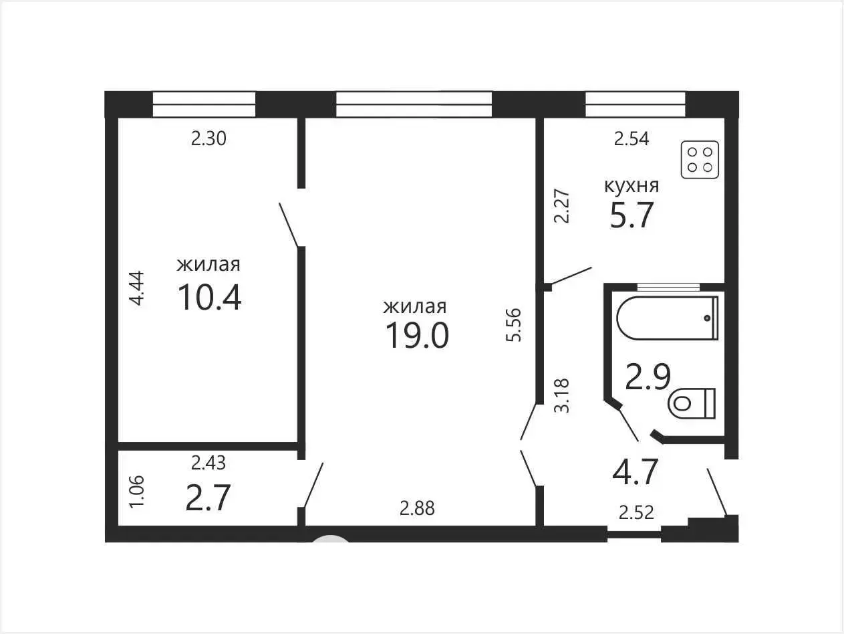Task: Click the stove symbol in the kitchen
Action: (700, 160)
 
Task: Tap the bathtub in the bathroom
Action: (668, 318)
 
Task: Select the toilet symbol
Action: (692, 403)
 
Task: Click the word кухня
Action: (631, 186)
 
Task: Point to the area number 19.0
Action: (417, 336)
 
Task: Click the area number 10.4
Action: (210, 297)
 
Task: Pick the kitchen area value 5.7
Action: (631, 215)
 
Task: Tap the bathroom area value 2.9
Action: (648, 377)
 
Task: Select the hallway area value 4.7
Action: (635, 471)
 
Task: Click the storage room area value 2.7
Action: (208, 498)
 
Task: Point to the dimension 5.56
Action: (514, 325)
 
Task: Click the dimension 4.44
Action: (136, 288)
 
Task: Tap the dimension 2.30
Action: (208, 139)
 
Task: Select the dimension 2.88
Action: (417, 508)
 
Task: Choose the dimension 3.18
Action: (561, 396)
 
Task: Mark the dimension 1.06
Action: (136, 492)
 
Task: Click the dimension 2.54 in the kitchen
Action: (631, 139)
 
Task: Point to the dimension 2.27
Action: (561, 206)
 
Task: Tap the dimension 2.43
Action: (208, 463)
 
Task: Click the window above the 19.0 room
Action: (414, 104)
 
